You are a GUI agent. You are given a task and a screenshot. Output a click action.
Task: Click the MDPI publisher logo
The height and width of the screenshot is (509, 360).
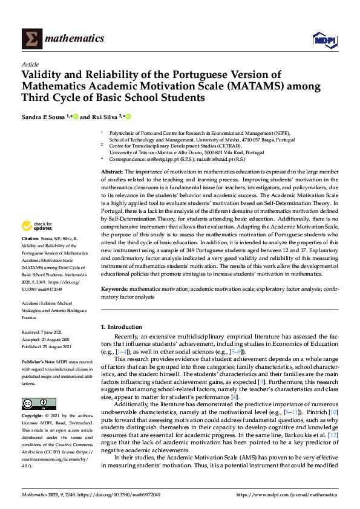(323, 39)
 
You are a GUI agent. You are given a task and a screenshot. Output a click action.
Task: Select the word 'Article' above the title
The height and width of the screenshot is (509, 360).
(30, 64)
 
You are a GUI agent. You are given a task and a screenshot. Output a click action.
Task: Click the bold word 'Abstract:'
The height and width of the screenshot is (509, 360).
(111, 172)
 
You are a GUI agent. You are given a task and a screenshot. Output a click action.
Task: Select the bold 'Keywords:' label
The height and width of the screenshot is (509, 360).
(114, 290)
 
